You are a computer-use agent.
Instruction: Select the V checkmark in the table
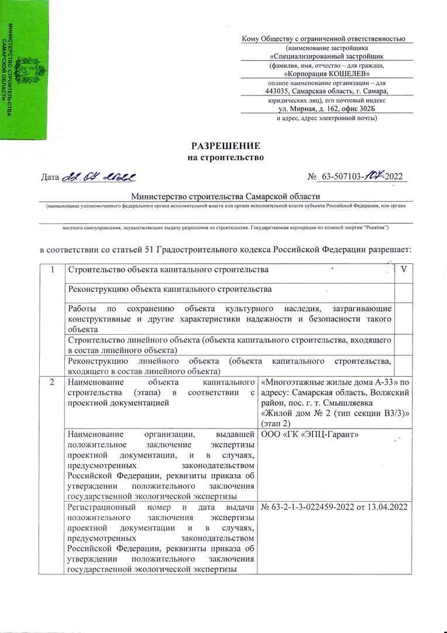click(403, 270)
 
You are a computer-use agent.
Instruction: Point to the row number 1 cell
click(53, 270)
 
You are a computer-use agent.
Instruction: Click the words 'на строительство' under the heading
click(226, 157)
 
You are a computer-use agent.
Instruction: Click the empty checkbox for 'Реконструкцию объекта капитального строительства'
click(403, 290)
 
